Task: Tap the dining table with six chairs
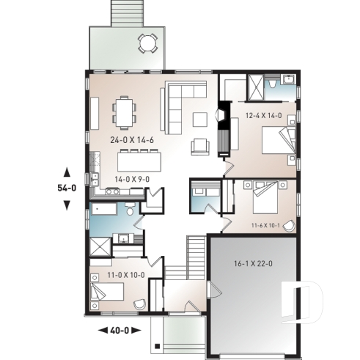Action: tap(125, 112)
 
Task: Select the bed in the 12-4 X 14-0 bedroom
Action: tap(279, 140)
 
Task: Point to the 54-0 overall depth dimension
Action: tap(67, 188)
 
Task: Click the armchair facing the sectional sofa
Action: tap(199, 147)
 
